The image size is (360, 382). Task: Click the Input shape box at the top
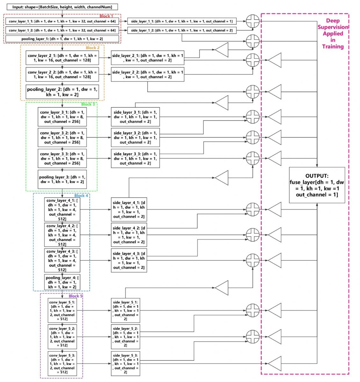(x=62, y=7)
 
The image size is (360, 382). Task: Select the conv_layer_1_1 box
(x=62, y=22)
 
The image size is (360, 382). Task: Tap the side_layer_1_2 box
(x=182, y=31)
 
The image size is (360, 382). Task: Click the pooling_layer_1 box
(x=62, y=39)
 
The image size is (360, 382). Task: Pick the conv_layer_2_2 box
(x=62, y=74)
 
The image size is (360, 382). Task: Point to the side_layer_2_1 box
(x=148, y=58)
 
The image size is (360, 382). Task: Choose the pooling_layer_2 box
(x=62, y=92)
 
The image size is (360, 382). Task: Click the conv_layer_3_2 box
(x=62, y=138)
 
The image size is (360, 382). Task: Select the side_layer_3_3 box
(x=135, y=158)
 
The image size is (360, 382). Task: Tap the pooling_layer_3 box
(x=62, y=180)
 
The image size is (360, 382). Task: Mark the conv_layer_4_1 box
(x=62, y=209)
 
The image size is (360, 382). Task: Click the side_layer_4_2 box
(x=129, y=235)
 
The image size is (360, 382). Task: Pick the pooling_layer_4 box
(x=62, y=282)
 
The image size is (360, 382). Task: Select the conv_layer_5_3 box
(x=62, y=364)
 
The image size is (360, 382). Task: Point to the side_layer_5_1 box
(x=126, y=310)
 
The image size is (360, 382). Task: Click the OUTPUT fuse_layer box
(x=317, y=185)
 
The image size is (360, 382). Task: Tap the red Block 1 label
(x=106, y=16)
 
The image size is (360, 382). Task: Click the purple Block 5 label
(x=76, y=296)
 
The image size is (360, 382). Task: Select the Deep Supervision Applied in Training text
(x=333, y=33)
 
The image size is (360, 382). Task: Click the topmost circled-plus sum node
(x=253, y=22)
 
